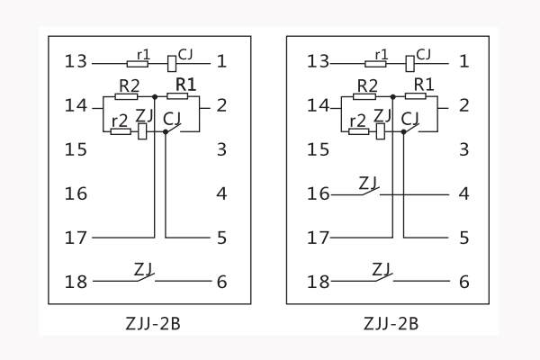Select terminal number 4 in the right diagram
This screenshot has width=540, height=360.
point(463,193)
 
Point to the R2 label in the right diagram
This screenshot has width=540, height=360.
point(365,85)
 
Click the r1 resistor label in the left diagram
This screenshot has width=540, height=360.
point(142,54)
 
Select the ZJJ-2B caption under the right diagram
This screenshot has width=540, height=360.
point(391,322)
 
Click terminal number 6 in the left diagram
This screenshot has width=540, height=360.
point(220,282)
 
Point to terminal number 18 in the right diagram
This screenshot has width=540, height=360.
point(319,282)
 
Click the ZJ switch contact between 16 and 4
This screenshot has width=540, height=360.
point(369,189)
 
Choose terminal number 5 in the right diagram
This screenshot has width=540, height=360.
point(463,238)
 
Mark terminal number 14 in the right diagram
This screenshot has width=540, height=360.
point(319,105)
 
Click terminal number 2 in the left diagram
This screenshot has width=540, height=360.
point(220,105)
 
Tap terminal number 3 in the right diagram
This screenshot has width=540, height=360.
point(463,149)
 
